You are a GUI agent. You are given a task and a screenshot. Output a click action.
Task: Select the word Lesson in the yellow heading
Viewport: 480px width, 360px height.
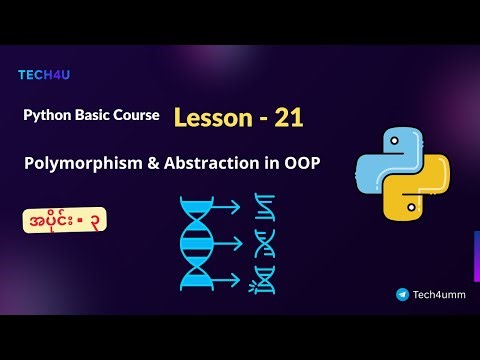pos(212,118)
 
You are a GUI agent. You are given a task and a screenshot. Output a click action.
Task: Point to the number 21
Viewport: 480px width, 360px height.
pos(284,118)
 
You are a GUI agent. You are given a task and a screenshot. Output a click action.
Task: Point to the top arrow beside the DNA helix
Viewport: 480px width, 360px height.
pos(230,207)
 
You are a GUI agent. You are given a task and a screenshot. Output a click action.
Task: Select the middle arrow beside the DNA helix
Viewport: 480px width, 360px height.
pos(230,243)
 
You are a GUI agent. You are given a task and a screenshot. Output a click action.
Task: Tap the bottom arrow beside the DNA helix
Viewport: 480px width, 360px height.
pos(230,279)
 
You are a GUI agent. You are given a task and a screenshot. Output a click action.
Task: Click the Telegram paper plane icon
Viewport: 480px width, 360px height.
pos(402,295)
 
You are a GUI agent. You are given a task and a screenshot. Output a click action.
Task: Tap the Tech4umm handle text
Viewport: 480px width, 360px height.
pos(439,295)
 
